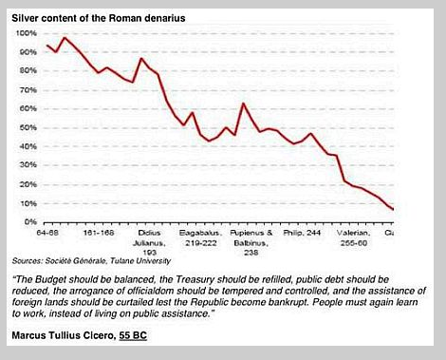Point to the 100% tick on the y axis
[x=27, y=33]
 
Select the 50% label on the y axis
[x=28, y=127]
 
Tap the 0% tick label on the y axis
[x=30, y=221]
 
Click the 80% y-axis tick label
[x=28, y=70]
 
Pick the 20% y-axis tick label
[x=28, y=183]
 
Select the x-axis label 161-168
[x=100, y=232]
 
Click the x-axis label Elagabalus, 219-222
[x=202, y=236]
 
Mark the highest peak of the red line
[x=64, y=38]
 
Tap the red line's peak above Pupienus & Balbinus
[x=244, y=104]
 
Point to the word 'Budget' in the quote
[x=53, y=278]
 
